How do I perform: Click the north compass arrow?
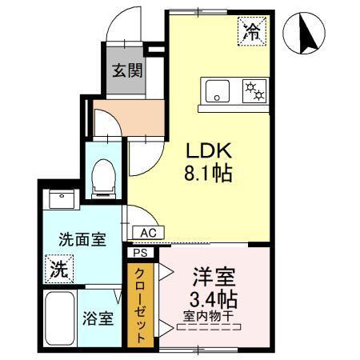[305, 34]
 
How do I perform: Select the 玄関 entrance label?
[127, 70]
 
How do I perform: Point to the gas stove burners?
[255, 91]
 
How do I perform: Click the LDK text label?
[210, 150]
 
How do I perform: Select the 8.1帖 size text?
[210, 173]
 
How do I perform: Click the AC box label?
[148, 232]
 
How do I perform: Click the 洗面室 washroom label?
[82, 240]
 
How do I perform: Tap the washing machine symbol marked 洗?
[58, 269]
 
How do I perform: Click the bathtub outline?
[58, 318]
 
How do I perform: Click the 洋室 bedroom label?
[212, 278]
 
